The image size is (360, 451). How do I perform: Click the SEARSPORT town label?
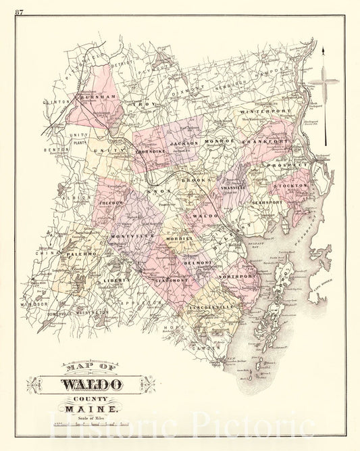pyautogui.click(x=267, y=202)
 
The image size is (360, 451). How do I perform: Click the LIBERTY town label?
pyautogui.click(x=115, y=279)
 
